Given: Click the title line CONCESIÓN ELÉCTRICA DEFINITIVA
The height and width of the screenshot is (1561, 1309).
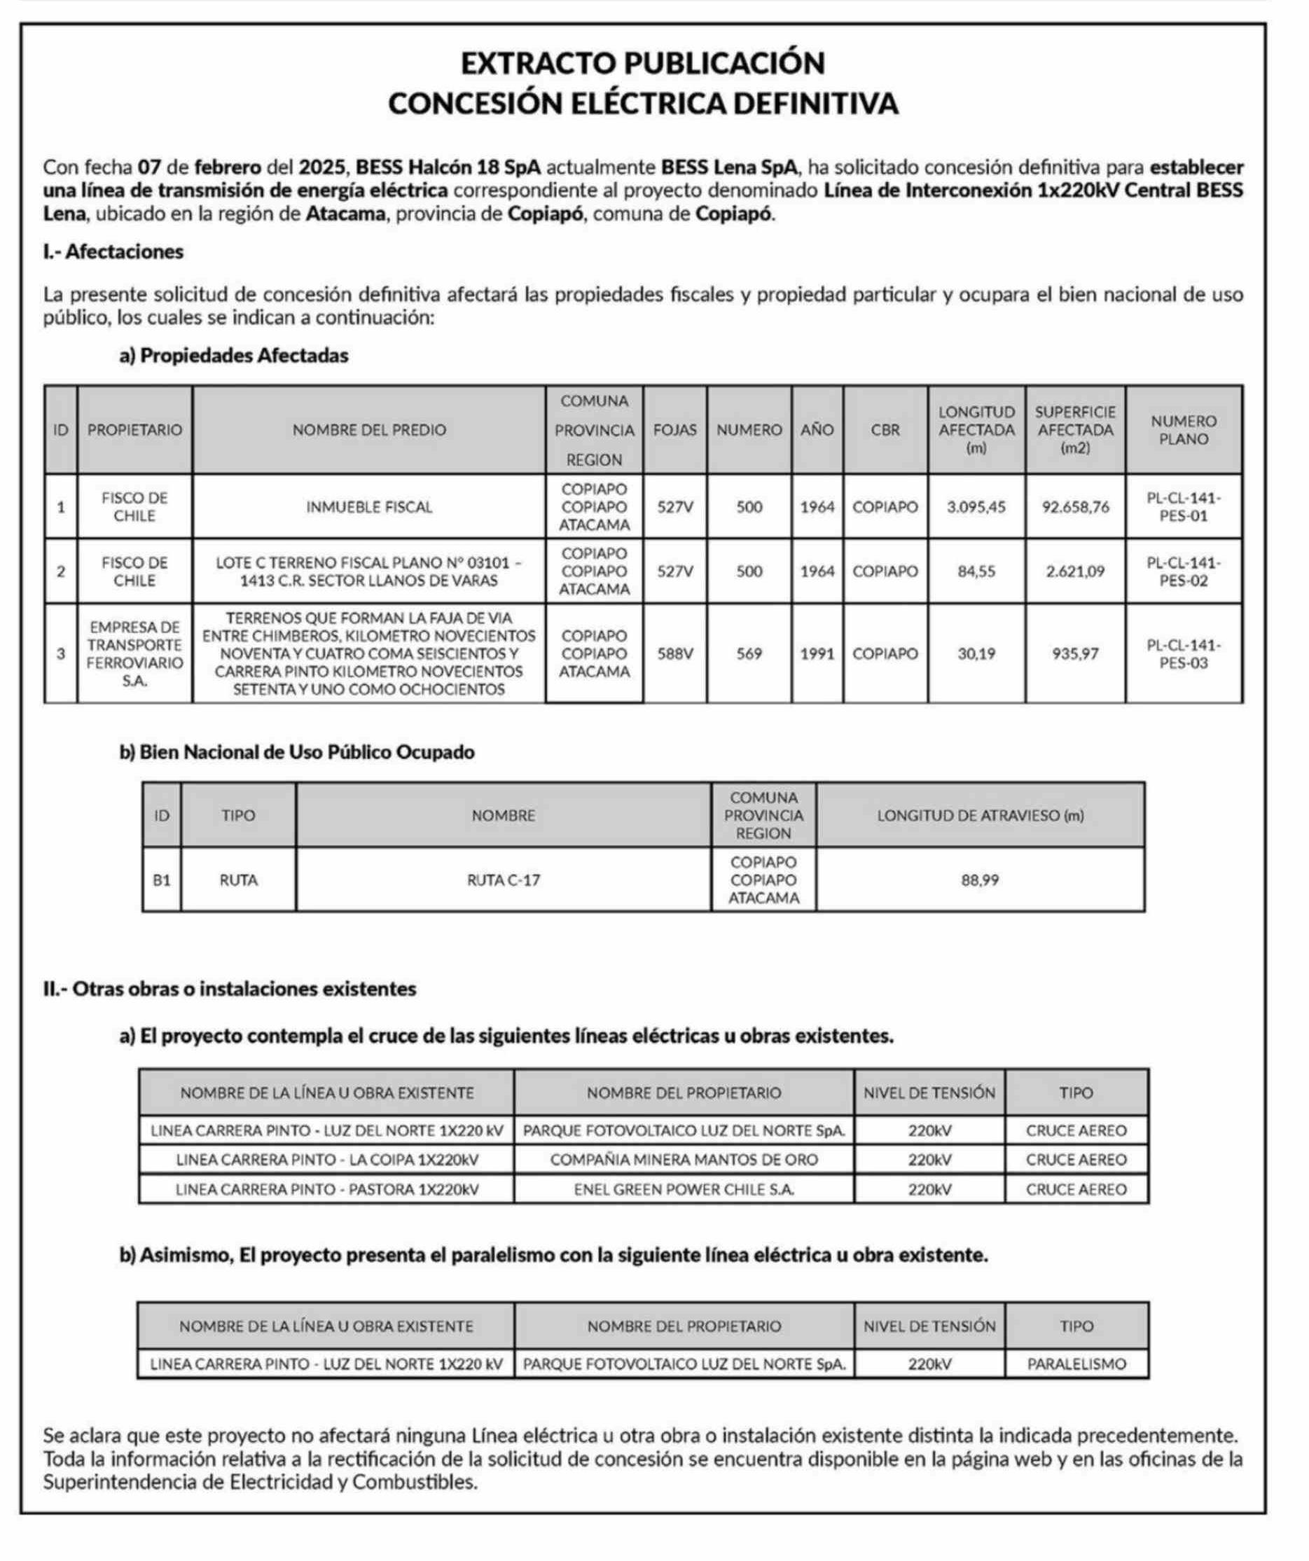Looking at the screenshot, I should point(643,104).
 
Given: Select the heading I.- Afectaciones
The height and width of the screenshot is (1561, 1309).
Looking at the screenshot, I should point(113,251).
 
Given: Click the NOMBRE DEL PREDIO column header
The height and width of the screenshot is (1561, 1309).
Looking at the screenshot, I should point(368,430).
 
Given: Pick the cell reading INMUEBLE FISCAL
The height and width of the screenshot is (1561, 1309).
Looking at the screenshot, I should point(368,507).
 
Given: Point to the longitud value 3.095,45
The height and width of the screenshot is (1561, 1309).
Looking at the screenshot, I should point(976,507).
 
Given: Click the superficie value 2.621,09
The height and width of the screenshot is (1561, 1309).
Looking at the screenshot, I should point(1075,571).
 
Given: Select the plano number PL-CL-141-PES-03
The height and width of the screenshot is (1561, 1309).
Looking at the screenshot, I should point(1184,654).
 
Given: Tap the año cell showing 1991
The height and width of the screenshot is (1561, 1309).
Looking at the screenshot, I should point(817,654).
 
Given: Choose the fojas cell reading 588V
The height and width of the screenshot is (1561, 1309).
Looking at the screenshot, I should point(675,654).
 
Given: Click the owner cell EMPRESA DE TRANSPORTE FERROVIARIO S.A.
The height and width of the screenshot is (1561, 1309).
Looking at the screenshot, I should point(134,654).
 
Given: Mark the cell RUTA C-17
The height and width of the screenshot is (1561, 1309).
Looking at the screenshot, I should point(504,880).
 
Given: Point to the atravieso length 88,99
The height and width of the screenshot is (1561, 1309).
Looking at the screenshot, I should point(980,880).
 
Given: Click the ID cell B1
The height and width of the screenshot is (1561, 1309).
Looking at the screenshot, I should point(161,880).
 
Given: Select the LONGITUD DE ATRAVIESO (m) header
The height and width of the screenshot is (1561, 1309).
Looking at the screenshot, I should point(980,815).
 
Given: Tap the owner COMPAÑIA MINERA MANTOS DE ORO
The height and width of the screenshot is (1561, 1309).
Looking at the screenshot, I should point(684,1160).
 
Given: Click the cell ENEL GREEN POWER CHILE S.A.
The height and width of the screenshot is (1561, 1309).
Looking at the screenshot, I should point(684,1189).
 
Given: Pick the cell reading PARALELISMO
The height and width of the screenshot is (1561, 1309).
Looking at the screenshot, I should point(1076,1364).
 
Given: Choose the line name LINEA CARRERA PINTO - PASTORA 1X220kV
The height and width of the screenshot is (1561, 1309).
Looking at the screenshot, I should point(327,1189).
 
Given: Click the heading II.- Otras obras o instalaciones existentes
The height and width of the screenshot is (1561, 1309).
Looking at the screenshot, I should point(230,989).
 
